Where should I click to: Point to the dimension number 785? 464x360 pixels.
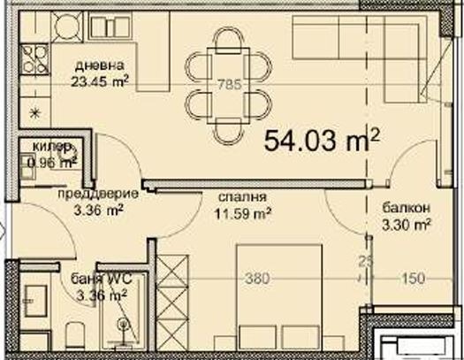point(230,86)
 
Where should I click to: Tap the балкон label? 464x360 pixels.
point(406,208)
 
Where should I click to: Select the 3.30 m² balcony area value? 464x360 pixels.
point(406,224)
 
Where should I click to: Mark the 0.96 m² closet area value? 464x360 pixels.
point(51,162)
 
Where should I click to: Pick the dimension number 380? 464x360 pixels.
point(257,278)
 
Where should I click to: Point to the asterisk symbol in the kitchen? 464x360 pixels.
point(35,111)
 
